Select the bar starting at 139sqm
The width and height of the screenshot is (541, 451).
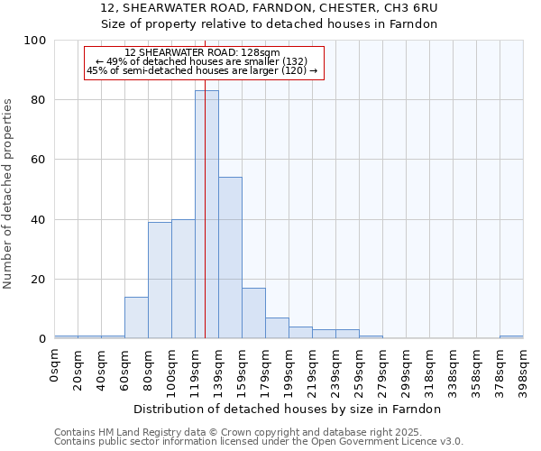[x=230, y=258]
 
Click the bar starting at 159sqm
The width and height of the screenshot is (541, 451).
[x=253, y=313]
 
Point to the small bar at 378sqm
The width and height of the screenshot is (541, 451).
[x=511, y=336]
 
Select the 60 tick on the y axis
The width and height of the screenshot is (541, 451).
[x=39, y=160]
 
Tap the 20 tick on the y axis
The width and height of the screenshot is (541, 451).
[x=39, y=280]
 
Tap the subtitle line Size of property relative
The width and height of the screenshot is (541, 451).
[x=270, y=24]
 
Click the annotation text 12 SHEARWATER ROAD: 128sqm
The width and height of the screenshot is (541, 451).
[x=202, y=52]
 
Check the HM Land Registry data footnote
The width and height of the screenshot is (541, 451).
[x=258, y=432]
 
